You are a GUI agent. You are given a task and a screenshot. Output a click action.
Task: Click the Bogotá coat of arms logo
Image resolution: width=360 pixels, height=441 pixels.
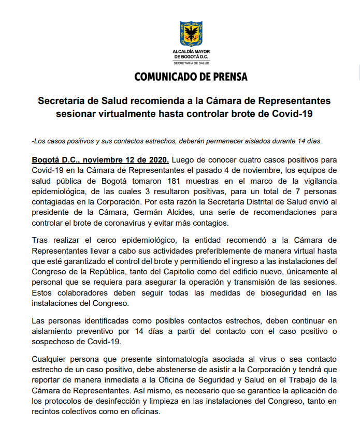191,35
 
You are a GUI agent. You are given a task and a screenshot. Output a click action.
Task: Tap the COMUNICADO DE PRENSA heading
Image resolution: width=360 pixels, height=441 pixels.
191,77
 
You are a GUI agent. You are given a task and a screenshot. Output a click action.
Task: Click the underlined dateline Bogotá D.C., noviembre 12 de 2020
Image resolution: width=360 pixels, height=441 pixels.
100,159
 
